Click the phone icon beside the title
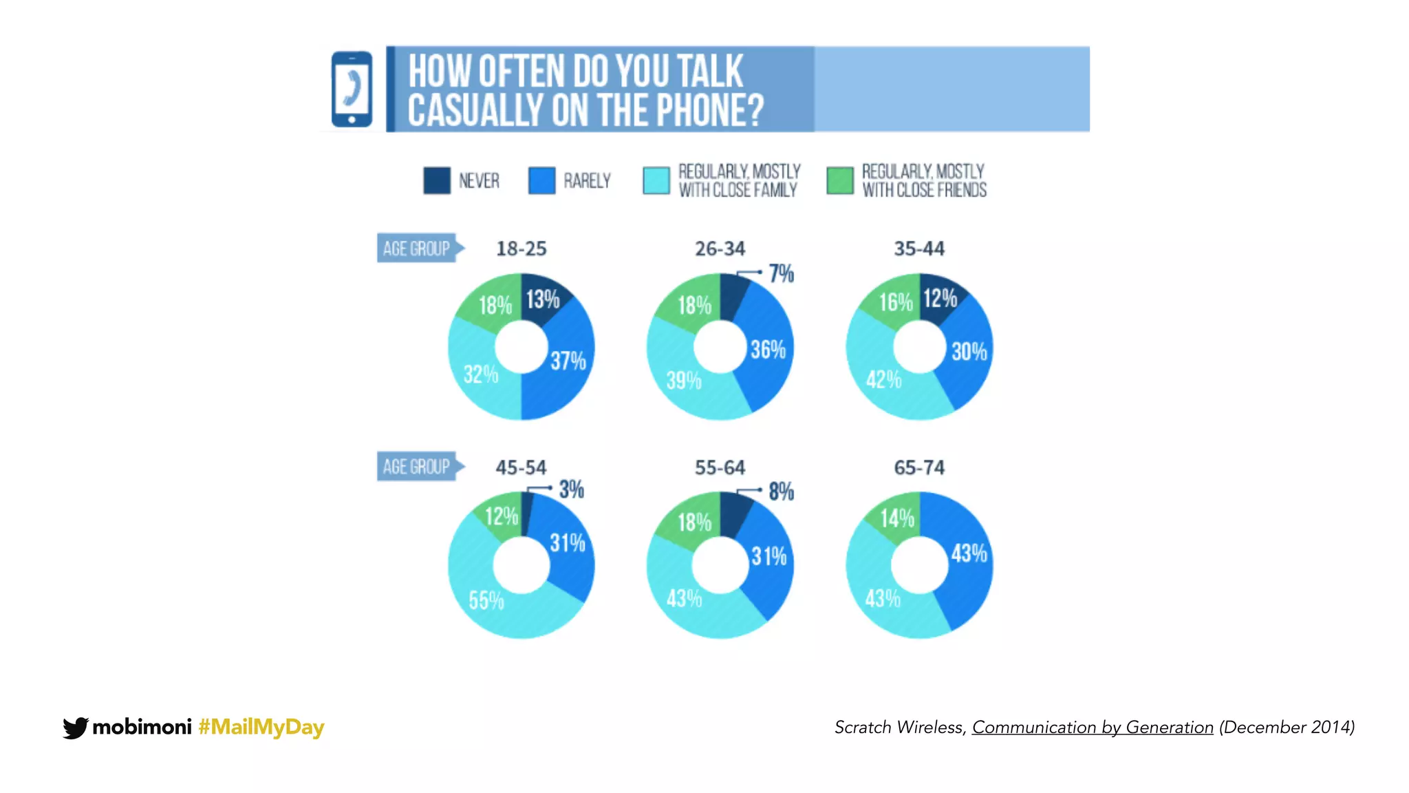pyautogui.click(x=352, y=89)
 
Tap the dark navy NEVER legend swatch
pyautogui.click(x=437, y=180)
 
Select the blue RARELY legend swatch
pyautogui.click(x=541, y=180)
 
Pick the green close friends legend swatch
pyautogui.click(x=840, y=180)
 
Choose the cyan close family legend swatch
pyautogui.click(x=656, y=180)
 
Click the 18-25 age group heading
pyautogui.click(x=521, y=249)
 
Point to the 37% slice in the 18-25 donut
pyautogui.click(x=567, y=361)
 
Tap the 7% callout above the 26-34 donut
pyautogui.click(x=781, y=274)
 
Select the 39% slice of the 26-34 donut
pyautogui.click(x=683, y=380)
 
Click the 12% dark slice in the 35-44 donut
pyautogui.click(x=939, y=299)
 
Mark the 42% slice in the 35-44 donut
pyautogui.click(x=883, y=379)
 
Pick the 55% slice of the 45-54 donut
pyautogui.click(x=486, y=600)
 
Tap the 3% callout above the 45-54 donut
pyautogui.click(x=571, y=489)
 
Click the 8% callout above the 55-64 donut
pyautogui.click(x=781, y=491)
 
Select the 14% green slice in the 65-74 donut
pyautogui.click(x=897, y=518)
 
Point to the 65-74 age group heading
pyautogui.click(x=919, y=468)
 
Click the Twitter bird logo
pyautogui.click(x=75, y=728)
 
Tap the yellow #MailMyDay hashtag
pyautogui.click(x=261, y=727)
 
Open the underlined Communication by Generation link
pyautogui.click(x=1093, y=728)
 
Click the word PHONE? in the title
pyautogui.click(x=709, y=110)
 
